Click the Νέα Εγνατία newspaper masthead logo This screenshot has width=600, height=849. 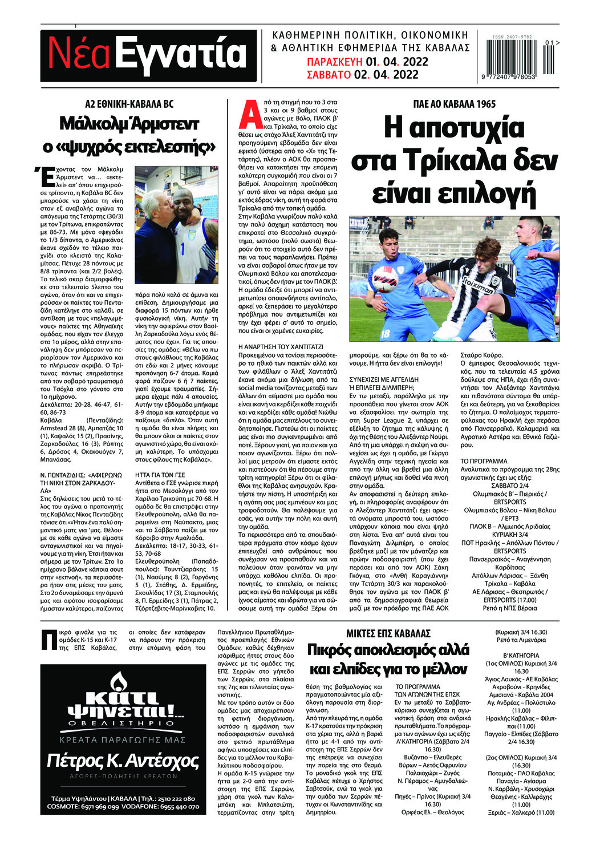[148, 55]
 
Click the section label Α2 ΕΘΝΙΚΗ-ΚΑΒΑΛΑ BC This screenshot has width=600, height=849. [129, 104]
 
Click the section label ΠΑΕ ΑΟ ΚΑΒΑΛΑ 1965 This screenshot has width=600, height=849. [454, 104]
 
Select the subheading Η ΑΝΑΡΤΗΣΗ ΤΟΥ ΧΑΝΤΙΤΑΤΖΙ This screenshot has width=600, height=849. [281, 347]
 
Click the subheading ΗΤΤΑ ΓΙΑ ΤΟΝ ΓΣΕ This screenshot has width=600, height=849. [160, 474]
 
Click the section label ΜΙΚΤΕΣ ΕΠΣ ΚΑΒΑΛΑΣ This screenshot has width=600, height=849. [388, 633]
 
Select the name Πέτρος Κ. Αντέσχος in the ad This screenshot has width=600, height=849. [123, 761]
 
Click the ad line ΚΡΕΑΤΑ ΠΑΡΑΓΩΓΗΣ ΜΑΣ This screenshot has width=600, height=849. [123, 739]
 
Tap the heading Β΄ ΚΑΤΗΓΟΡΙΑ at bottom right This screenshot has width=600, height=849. [520, 656]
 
